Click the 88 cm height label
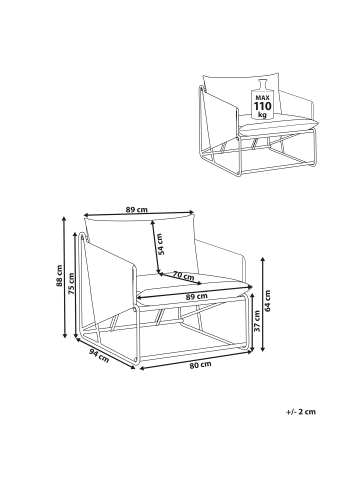coord(59,276)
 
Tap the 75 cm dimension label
coord(71,283)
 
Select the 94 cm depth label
coord(99,356)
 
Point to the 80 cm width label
coord(200,364)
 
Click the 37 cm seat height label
coord(257,321)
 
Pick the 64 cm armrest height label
coord(268,301)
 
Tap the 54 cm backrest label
coord(161,244)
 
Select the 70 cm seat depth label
coord(183,275)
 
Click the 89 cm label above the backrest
coord(137,210)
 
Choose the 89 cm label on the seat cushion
coord(197,296)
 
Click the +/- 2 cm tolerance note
coord(301,411)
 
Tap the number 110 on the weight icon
coord(263,107)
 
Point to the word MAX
coord(263,98)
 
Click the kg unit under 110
coord(263,115)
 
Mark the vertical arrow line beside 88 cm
coord(63,276)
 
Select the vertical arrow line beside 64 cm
coord(263,304)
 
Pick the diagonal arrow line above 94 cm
coord(105,354)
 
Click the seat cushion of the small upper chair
coord(277,124)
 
